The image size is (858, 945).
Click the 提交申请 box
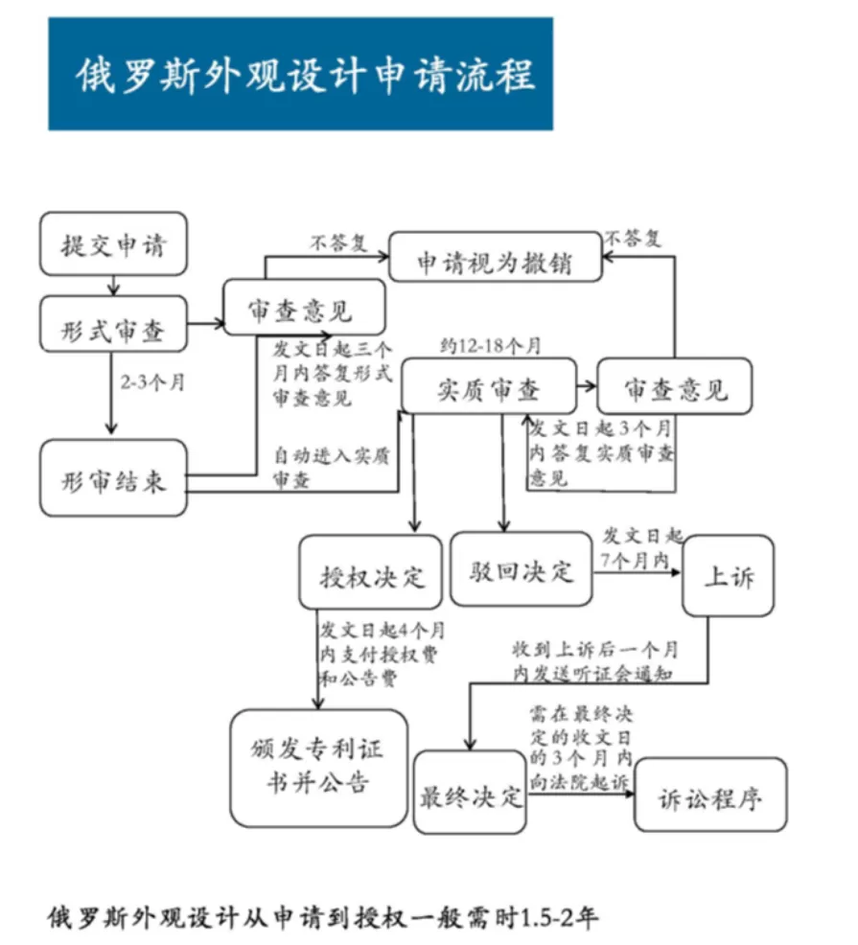[113, 244]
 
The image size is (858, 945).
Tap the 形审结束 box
[113, 478]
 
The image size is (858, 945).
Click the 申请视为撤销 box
[495, 257]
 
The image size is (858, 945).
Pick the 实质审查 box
[489, 387]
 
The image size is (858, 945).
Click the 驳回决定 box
[522, 569]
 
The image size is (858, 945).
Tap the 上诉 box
[728, 576]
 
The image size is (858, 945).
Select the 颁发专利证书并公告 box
[319, 767]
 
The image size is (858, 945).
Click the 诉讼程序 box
[710, 795]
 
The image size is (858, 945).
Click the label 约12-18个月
[490, 344]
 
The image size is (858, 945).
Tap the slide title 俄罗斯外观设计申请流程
[301, 74]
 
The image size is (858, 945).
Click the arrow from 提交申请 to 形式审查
[114, 284]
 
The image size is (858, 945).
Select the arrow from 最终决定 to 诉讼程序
[580, 795]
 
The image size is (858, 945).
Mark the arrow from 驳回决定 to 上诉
[637, 572]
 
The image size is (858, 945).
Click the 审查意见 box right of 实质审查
[675, 387]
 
